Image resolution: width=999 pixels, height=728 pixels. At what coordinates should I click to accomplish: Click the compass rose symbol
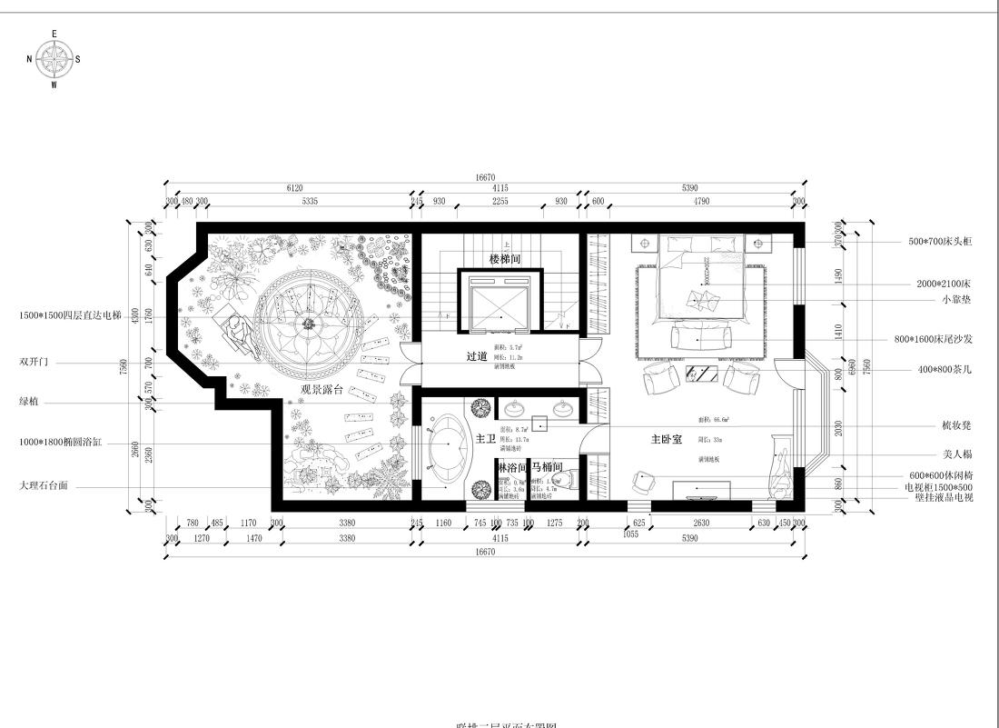pos(54,60)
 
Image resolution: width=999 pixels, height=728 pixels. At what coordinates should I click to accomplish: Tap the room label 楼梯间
pos(506,259)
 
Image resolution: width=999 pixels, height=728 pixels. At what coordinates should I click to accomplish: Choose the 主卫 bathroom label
pos(486,438)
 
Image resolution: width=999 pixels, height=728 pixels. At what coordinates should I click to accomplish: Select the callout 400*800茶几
pos(942,370)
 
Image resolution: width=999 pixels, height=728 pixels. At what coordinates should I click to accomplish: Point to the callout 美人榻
pos(957,454)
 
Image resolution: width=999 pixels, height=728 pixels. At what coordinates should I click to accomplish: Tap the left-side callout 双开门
pos(34,361)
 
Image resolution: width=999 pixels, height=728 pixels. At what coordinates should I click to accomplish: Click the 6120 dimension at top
pos(294,188)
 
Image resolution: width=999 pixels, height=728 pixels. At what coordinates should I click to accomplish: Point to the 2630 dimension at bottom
pos(700,523)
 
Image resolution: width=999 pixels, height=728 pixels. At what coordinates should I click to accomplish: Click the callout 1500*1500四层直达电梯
pos(70,316)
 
